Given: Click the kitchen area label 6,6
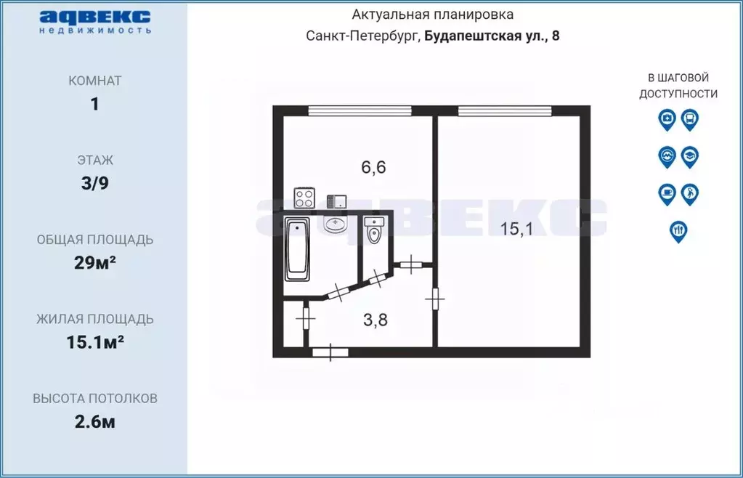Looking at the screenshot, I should (374, 167).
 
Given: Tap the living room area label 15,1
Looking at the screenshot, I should (517, 229).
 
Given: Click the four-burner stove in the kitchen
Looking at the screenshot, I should (304, 198).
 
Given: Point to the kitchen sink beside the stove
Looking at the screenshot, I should (336, 200).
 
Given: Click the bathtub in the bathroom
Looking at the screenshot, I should (298, 249).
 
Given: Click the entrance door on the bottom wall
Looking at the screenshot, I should (330, 352).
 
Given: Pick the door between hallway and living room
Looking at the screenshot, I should (437, 299).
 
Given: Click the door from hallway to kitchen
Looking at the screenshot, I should (411, 264).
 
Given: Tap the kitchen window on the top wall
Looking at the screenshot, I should (360, 111).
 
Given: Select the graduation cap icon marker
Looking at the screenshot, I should (690, 155).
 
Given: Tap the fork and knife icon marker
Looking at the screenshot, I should (678, 230).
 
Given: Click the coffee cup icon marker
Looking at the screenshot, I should (667, 193).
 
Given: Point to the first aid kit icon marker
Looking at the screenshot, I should (667, 118).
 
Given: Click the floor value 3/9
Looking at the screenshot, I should (94, 183).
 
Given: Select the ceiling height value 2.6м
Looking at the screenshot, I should (94, 421).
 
